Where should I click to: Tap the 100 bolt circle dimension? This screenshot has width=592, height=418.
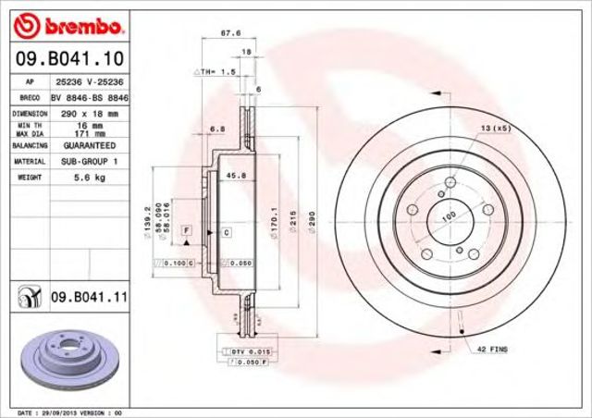point(450,215)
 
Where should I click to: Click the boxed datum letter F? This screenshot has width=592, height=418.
point(187,228)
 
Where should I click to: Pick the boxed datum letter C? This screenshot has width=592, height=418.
point(225,232)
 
